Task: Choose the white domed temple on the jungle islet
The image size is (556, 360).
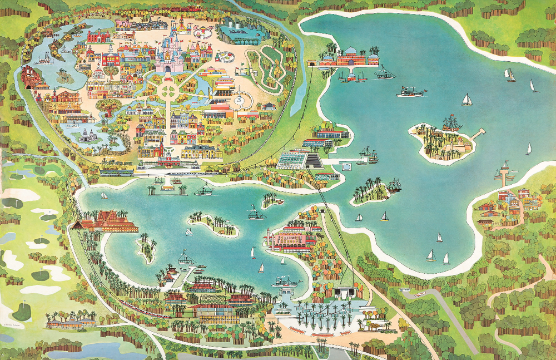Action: (x=88, y=134)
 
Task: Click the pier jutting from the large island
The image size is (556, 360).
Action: (x=478, y=134)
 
